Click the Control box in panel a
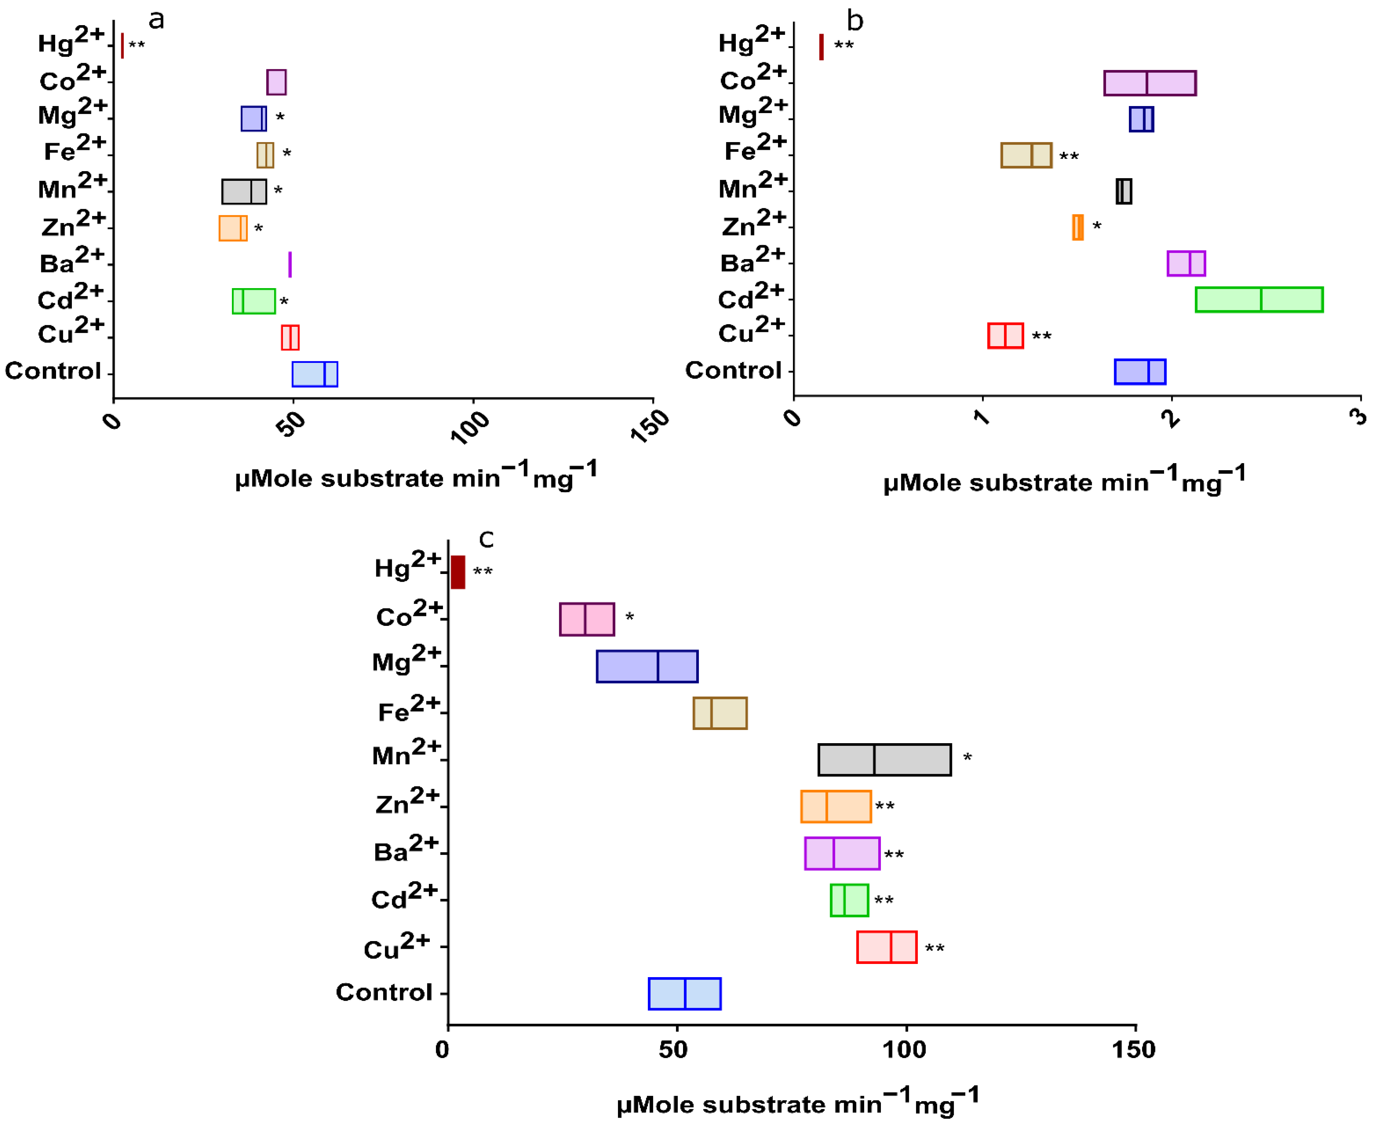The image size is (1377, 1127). (315, 374)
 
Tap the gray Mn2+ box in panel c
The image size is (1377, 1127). (884, 760)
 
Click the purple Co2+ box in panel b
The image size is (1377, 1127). (1150, 83)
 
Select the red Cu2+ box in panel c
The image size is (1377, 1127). (886, 947)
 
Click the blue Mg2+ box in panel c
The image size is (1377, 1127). (647, 666)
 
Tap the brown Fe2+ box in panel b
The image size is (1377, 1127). (1026, 155)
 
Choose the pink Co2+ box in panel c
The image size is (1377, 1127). (587, 619)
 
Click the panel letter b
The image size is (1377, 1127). (855, 21)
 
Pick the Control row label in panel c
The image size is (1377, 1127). (384, 992)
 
